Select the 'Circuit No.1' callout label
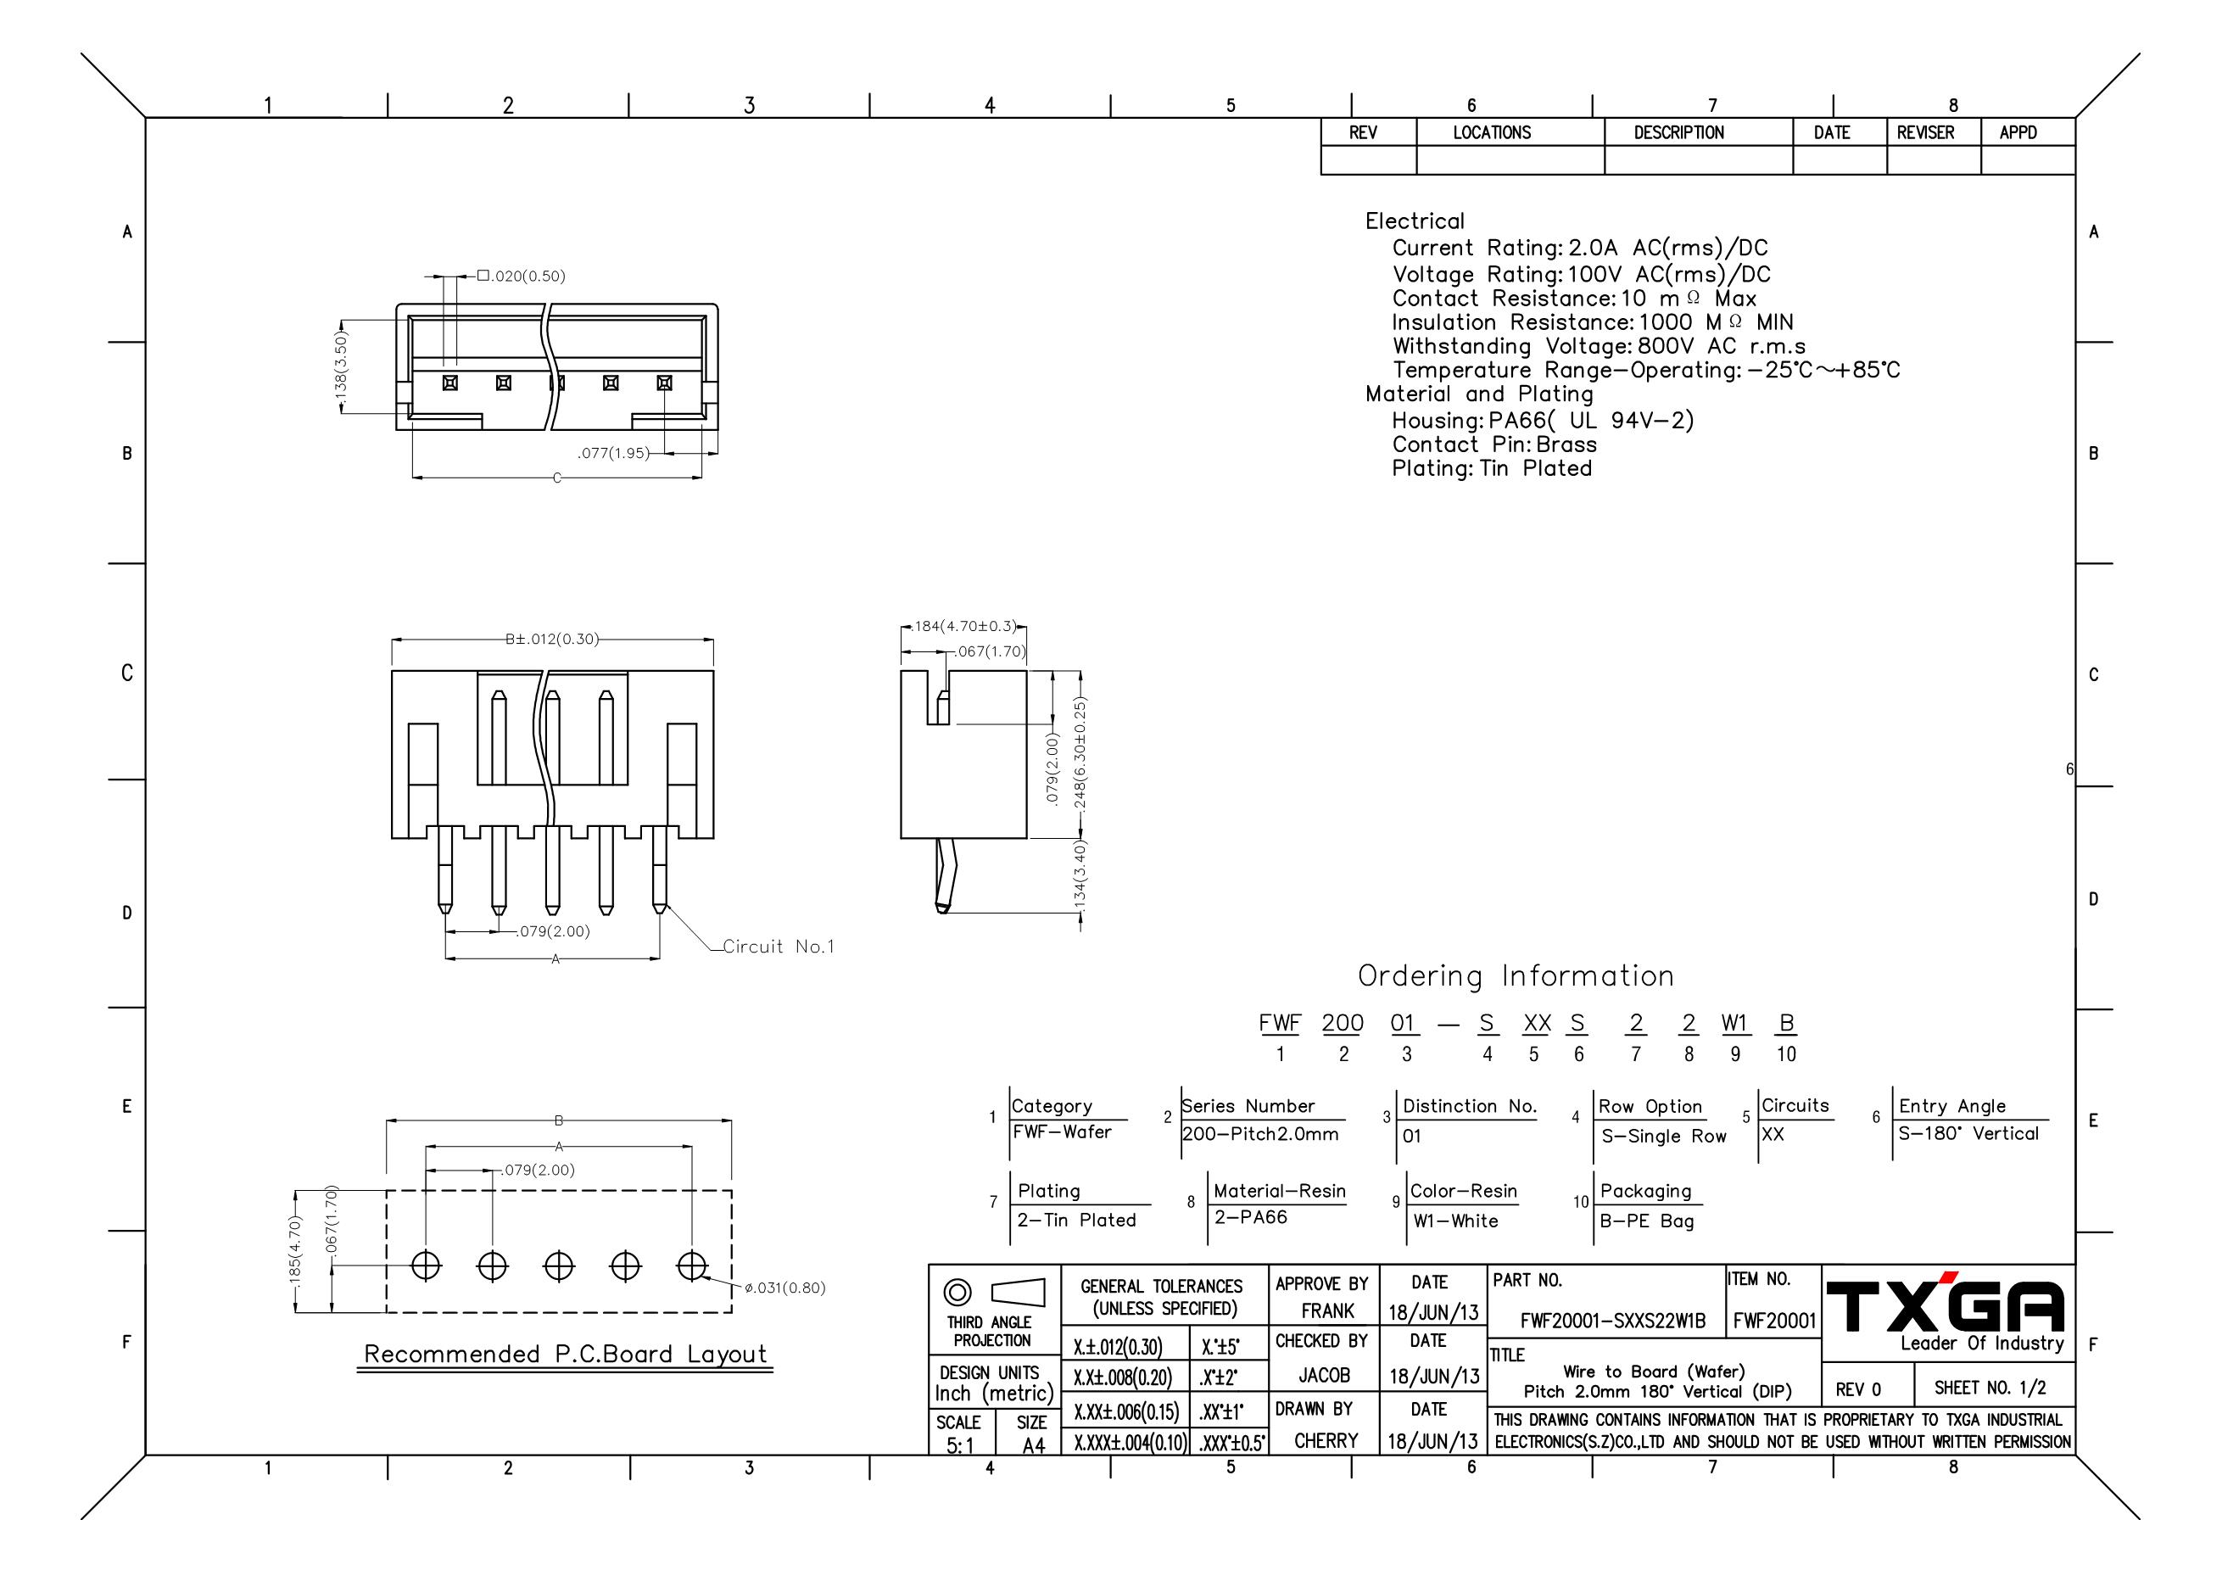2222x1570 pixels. [778, 947]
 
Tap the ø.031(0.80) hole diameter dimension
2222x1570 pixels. [784, 1288]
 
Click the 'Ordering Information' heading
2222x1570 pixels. [1516, 975]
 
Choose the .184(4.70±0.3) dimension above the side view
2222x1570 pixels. [963, 626]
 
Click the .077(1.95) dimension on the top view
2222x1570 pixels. [613, 453]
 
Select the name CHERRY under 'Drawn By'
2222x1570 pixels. [1326, 1441]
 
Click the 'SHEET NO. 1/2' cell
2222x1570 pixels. [1990, 1388]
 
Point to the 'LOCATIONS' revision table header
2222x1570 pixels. [1491, 132]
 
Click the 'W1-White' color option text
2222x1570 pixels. [1454, 1221]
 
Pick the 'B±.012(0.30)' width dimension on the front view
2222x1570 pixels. [551, 639]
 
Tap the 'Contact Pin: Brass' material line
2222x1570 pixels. [1494, 445]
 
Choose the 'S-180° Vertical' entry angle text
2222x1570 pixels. [1968, 1133]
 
